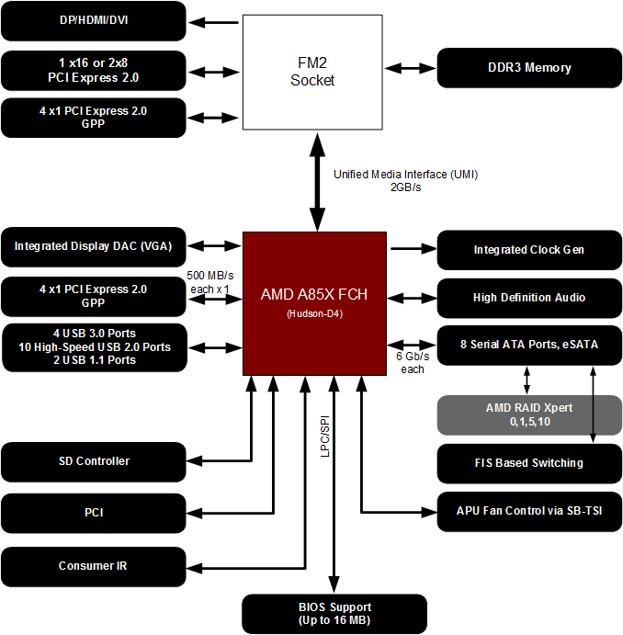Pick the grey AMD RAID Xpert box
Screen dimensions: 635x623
click(x=528, y=414)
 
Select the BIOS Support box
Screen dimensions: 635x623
click(x=334, y=613)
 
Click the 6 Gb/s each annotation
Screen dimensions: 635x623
click(x=412, y=362)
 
